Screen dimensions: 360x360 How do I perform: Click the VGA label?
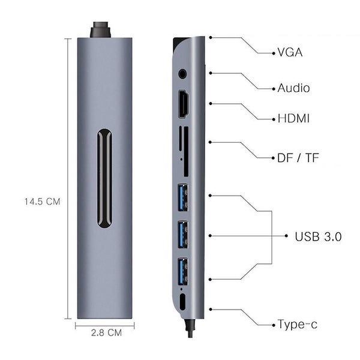tap(290, 52)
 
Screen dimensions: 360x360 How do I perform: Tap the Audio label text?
tap(293, 88)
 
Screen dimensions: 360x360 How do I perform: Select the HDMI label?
tap(293, 118)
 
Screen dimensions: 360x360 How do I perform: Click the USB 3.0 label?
tap(318, 236)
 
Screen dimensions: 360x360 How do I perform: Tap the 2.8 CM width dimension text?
tap(106, 331)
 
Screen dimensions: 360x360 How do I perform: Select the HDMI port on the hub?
tap(183, 104)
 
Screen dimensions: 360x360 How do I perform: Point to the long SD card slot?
tap(185, 151)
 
